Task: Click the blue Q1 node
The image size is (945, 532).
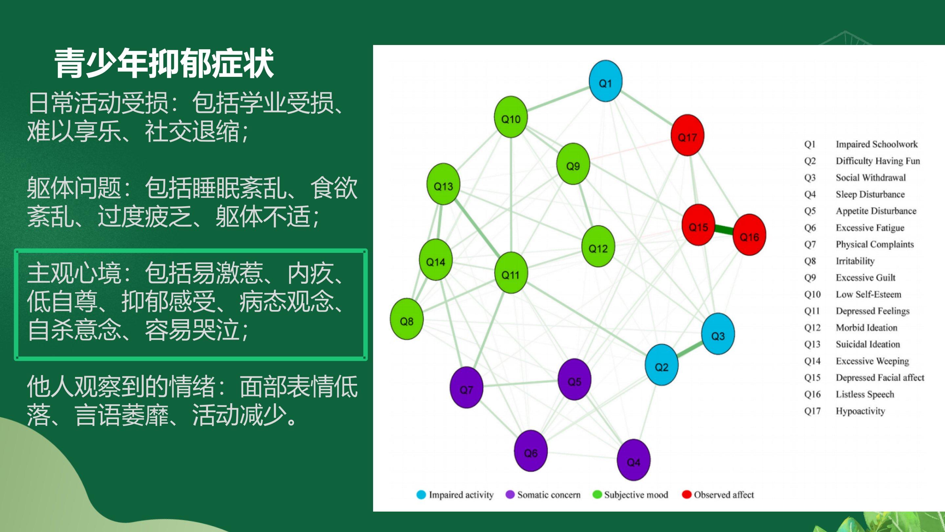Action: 605,81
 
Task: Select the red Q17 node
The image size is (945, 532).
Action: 687,135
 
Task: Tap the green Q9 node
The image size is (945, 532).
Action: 573,164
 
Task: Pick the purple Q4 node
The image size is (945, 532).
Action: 634,460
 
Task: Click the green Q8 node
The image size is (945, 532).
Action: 407,319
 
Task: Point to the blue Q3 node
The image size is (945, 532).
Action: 718,334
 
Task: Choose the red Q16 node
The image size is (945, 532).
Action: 749,234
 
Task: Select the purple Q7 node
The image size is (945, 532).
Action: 466,388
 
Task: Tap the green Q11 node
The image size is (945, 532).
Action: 511,273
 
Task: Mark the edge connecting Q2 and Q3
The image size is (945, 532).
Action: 690,349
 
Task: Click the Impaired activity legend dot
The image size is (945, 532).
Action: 421,495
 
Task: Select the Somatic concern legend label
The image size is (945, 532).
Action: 549,495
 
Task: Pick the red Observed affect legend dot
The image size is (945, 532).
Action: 686,495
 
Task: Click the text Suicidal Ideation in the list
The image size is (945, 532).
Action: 868,344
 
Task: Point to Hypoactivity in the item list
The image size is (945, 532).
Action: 860,411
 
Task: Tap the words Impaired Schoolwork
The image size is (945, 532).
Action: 877,144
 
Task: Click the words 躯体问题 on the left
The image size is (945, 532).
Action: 74,188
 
